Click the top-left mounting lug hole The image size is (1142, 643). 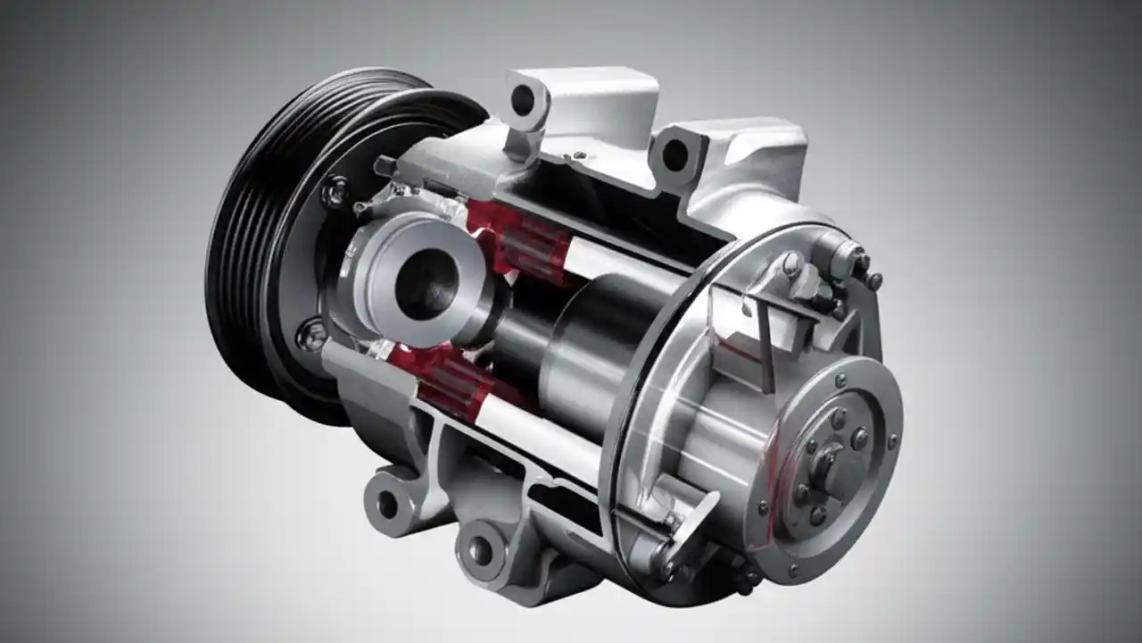[523, 100]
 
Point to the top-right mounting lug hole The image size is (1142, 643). [675, 155]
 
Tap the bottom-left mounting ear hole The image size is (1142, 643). [387, 504]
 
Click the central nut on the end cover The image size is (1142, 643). [831, 463]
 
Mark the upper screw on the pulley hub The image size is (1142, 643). [336, 191]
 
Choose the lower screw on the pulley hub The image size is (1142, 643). [311, 335]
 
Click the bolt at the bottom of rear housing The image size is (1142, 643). [746, 580]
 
